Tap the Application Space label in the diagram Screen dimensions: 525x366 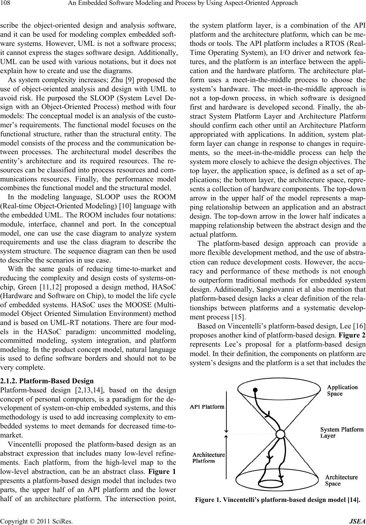tap(342, 390)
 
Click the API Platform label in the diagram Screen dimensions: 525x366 tap(207, 407)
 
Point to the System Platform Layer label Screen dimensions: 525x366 tap(341, 432)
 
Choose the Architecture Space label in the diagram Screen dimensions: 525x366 tap(341, 480)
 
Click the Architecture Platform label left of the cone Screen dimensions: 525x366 tap(208, 458)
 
